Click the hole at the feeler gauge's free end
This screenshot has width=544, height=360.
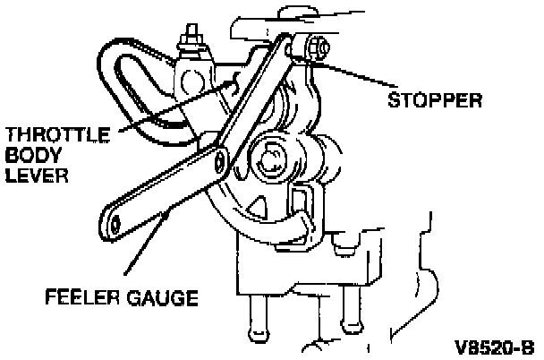coord(115,220)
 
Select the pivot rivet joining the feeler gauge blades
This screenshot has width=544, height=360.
coord(217,160)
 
